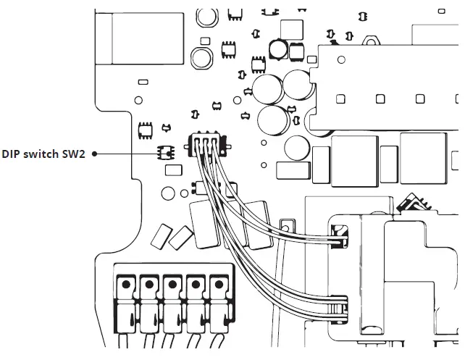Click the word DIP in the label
click(x=12, y=154)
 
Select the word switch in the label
click(x=43, y=154)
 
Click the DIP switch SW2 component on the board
click(x=166, y=153)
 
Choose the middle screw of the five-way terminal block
click(x=172, y=284)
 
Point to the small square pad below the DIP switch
click(x=172, y=171)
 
